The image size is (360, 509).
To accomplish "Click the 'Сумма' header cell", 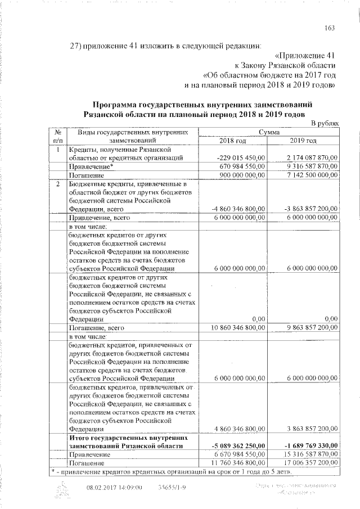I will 269,132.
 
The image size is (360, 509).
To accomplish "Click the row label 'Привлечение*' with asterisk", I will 92,167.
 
